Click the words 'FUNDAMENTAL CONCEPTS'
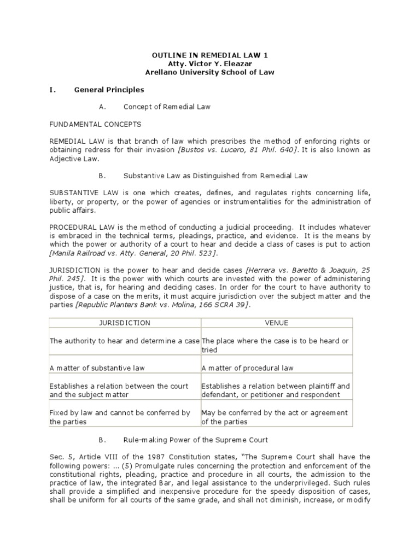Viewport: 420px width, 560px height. pyautogui.click(x=95, y=124)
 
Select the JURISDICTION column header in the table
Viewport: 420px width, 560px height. pyautogui.click(x=125, y=323)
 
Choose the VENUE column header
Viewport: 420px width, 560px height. pyautogui.click(x=277, y=323)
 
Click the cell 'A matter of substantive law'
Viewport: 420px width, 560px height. pyautogui.click(x=97, y=368)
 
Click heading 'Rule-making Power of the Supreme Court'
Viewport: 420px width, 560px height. pyautogui.click(x=196, y=440)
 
